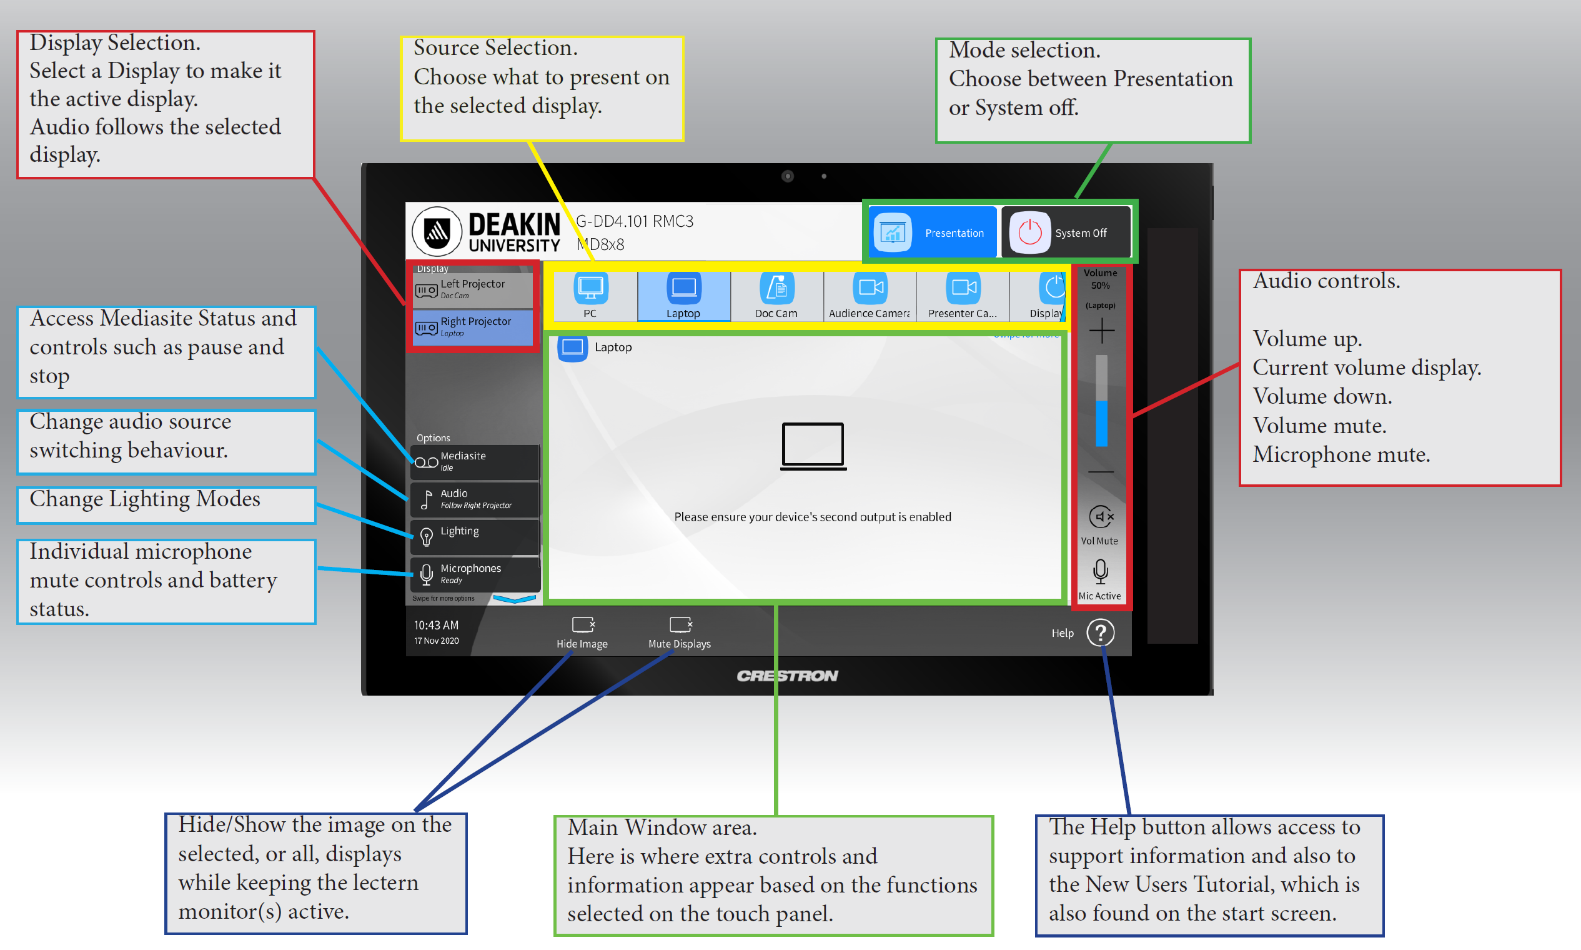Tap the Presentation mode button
pyautogui.click(x=931, y=232)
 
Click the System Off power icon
pyautogui.click(x=1029, y=232)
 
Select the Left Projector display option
pyautogui.click(x=473, y=289)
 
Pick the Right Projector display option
pyautogui.click(x=473, y=326)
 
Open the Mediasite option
pyautogui.click(x=474, y=461)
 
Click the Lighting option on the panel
pyautogui.click(x=474, y=536)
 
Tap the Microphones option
pyautogui.click(x=474, y=573)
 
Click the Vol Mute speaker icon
pyautogui.click(x=1101, y=517)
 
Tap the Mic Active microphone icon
pyautogui.click(x=1101, y=571)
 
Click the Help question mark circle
pyautogui.click(x=1101, y=632)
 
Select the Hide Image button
pyautogui.click(x=582, y=632)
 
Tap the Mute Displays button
pyautogui.click(x=680, y=632)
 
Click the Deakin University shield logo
pyautogui.click(x=438, y=231)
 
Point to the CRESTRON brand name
pyautogui.click(x=787, y=676)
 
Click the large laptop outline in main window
pyautogui.click(x=813, y=446)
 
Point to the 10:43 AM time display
pyautogui.click(x=437, y=625)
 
